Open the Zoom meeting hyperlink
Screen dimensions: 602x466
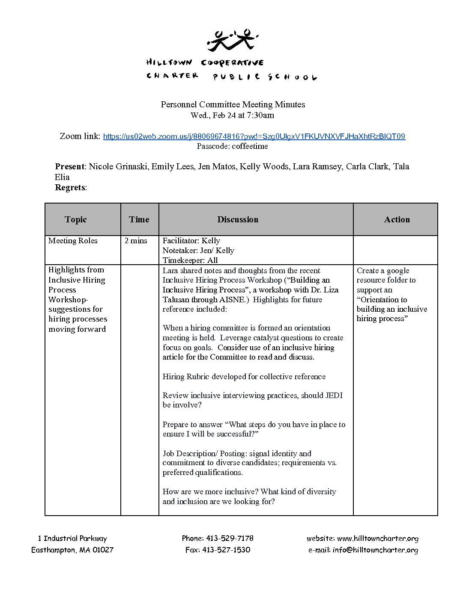[x=254, y=136]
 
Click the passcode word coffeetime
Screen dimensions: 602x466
[x=250, y=146]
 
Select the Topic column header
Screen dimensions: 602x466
[x=76, y=219]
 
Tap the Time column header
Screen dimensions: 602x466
[x=139, y=219]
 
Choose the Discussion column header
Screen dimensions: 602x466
[x=238, y=219]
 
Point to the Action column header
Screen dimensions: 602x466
[x=397, y=219]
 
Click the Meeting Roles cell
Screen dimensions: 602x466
[x=73, y=241]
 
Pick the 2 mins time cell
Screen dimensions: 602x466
[x=136, y=241]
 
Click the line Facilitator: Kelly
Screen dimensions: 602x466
[x=191, y=241]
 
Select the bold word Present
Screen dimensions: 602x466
[x=70, y=166]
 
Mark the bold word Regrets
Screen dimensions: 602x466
[x=70, y=187]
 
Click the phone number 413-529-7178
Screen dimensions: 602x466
[x=230, y=538]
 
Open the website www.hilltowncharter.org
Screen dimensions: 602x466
[x=377, y=539]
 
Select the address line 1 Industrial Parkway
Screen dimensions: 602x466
[x=72, y=538]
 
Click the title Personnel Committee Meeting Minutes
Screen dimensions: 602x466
[x=233, y=104]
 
